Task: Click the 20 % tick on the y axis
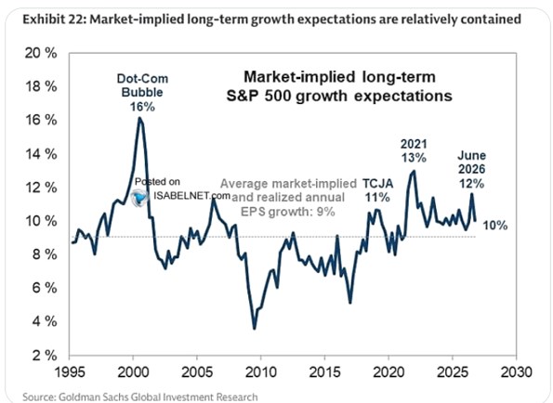coord(41,53)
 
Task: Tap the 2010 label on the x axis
coord(260,371)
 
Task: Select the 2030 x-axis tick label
coord(517,371)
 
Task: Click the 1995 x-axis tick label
coord(70,371)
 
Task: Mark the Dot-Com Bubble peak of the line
coord(140,118)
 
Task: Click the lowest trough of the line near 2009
coord(255,329)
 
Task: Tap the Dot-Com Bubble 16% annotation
coord(142,92)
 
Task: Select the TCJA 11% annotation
coord(377,190)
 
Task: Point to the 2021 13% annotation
coord(414,150)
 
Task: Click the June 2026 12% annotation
coord(471,169)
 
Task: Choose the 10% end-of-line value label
coord(495,225)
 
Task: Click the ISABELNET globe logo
coord(138,198)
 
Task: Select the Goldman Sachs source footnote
coord(140,396)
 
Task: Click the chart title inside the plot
coord(339,86)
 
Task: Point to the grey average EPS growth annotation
coord(288,197)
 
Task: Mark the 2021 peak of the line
coord(414,172)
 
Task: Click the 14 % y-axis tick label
coord(41,154)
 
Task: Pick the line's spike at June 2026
coord(471,194)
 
